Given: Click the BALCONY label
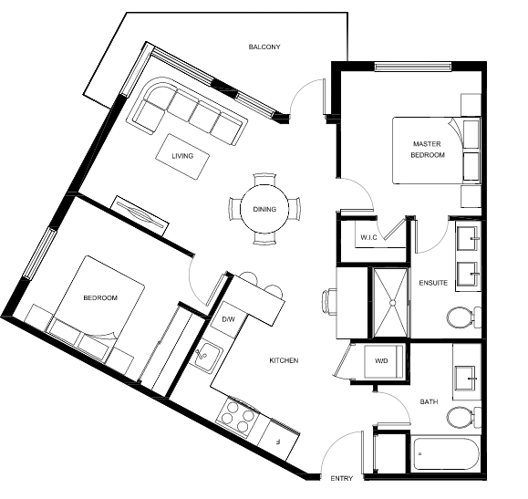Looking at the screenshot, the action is click(264, 47).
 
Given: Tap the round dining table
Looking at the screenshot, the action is click(264, 209).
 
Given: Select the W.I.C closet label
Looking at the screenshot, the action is click(368, 237).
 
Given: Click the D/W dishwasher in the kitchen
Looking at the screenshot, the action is click(228, 319).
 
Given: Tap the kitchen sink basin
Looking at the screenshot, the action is click(206, 357).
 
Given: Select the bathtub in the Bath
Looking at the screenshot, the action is click(446, 454).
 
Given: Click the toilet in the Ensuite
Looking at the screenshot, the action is click(463, 317).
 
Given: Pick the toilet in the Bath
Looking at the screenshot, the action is click(463, 418).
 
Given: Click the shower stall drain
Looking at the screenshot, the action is click(392, 303).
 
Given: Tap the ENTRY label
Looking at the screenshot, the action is click(341, 478).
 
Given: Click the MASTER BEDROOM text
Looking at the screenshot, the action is click(428, 150).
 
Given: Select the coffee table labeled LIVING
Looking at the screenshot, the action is click(182, 157).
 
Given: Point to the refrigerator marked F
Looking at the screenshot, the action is click(278, 441).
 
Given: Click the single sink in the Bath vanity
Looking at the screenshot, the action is click(465, 378).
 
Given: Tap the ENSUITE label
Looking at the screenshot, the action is click(433, 283).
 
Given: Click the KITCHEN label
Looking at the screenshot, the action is click(284, 360).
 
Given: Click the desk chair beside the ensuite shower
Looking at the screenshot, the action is click(329, 302).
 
